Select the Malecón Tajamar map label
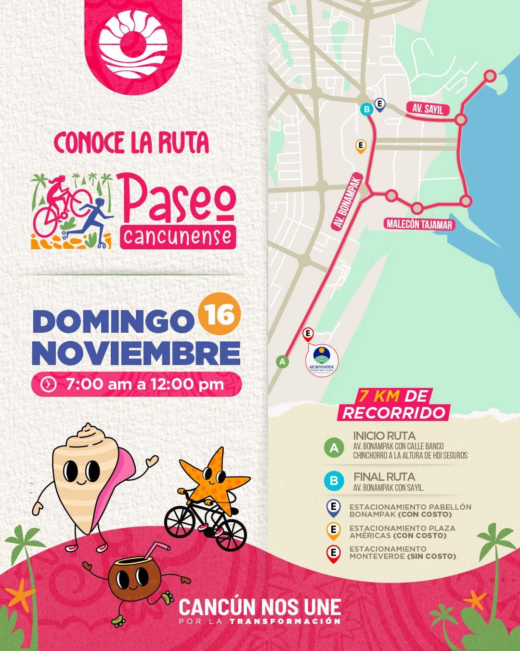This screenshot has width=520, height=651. pyautogui.click(x=420, y=224)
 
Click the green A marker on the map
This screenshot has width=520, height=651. pyautogui.click(x=282, y=361)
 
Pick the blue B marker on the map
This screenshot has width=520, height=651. pyautogui.click(x=367, y=109)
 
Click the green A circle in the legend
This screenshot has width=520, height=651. pyautogui.click(x=334, y=447)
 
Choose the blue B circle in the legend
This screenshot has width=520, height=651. pyautogui.click(x=334, y=481)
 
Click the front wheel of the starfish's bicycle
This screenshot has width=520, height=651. pyautogui.click(x=230, y=533)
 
